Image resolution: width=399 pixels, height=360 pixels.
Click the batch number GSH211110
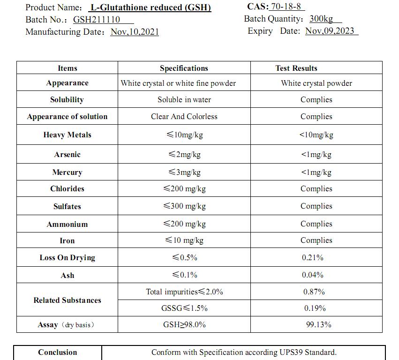[x=97, y=20]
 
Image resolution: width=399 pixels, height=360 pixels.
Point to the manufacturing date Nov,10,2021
[x=135, y=32]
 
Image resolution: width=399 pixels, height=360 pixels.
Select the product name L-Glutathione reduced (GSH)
[x=150, y=7]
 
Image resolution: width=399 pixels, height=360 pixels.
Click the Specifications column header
[x=184, y=68]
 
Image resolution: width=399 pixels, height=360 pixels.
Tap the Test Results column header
[x=296, y=68]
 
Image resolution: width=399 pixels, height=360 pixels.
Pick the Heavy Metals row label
[x=67, y=135]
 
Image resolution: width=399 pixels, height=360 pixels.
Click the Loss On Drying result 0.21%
[x=313, y=258]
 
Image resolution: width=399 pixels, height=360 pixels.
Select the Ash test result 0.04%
[x=313, y=275]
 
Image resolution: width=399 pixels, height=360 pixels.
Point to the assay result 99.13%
[x=319, y=324]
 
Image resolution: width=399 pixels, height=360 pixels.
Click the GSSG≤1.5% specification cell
[x=184, y=308]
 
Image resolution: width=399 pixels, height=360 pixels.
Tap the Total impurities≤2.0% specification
[x=184, y=292]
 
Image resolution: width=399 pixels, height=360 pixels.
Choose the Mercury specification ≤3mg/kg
[x=184, y=172]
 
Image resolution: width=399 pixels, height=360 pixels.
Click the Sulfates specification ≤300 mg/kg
[x=184, y=206]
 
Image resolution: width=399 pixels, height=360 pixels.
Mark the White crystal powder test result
[x=316, y=83]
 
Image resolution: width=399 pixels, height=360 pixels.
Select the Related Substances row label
[x=67, y=300]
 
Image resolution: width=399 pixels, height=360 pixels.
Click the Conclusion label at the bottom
[x=58, y=352]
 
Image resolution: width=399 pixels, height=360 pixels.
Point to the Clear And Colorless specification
[x=184, y=117]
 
